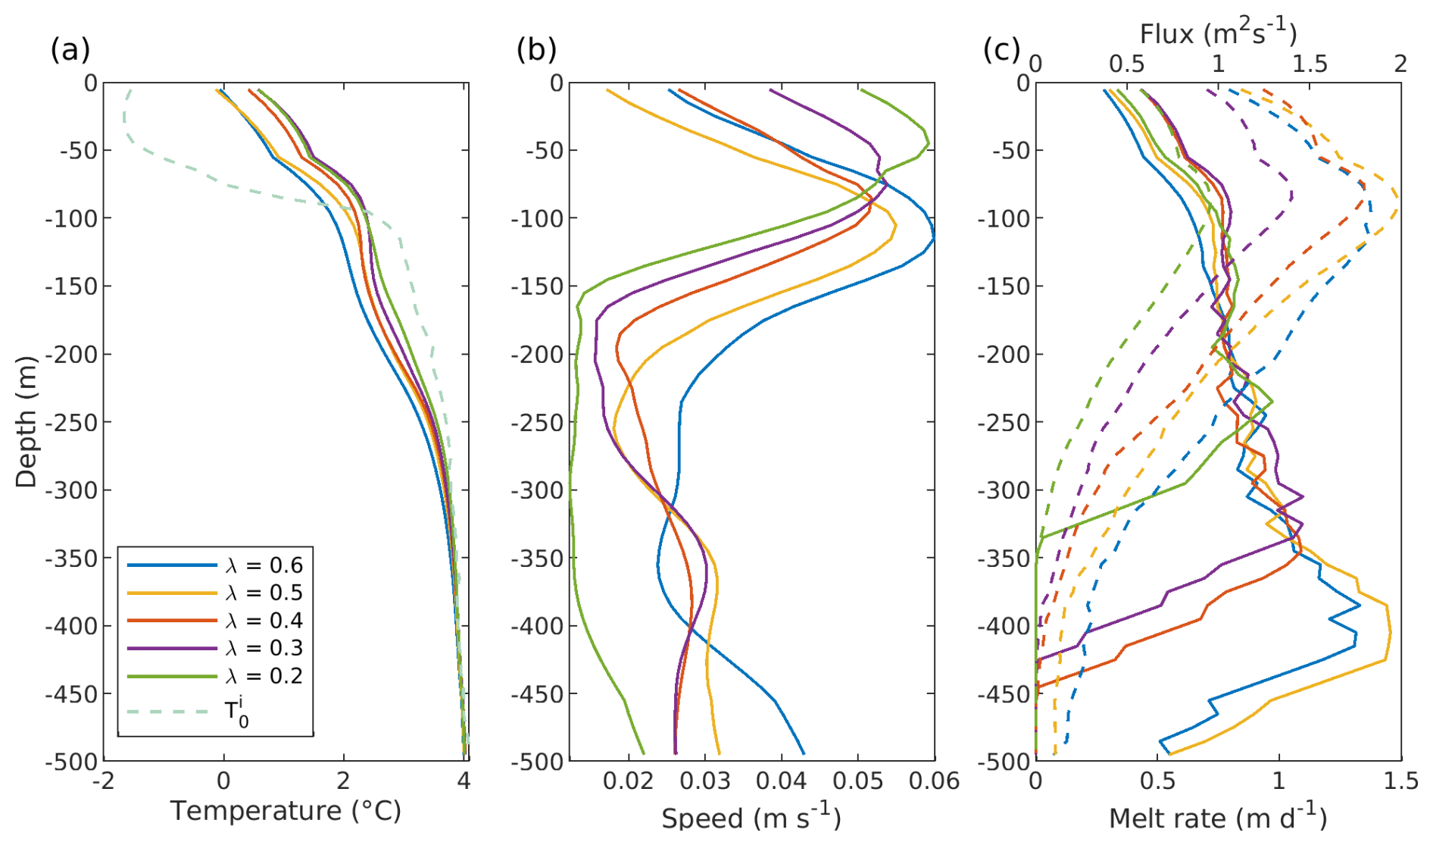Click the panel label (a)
[x=70, y=50]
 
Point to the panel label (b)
[x=536, y=50]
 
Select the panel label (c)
[x=1001, y=50]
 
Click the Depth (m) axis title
[x=26, y=421]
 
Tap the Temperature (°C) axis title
[x=286, y=811]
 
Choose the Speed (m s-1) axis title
[x=751, y=817]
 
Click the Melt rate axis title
[x=1217, y=817]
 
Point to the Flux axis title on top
[x=1217, y=33]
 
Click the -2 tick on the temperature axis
[x=104, y=781]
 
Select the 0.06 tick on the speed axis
[x=934, y=781]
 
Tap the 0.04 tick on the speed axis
[x=781, y=781]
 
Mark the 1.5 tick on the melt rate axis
[x=1400, y=781]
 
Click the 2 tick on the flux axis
[x=1400, y=64]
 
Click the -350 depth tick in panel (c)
[x=1004, y=559]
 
